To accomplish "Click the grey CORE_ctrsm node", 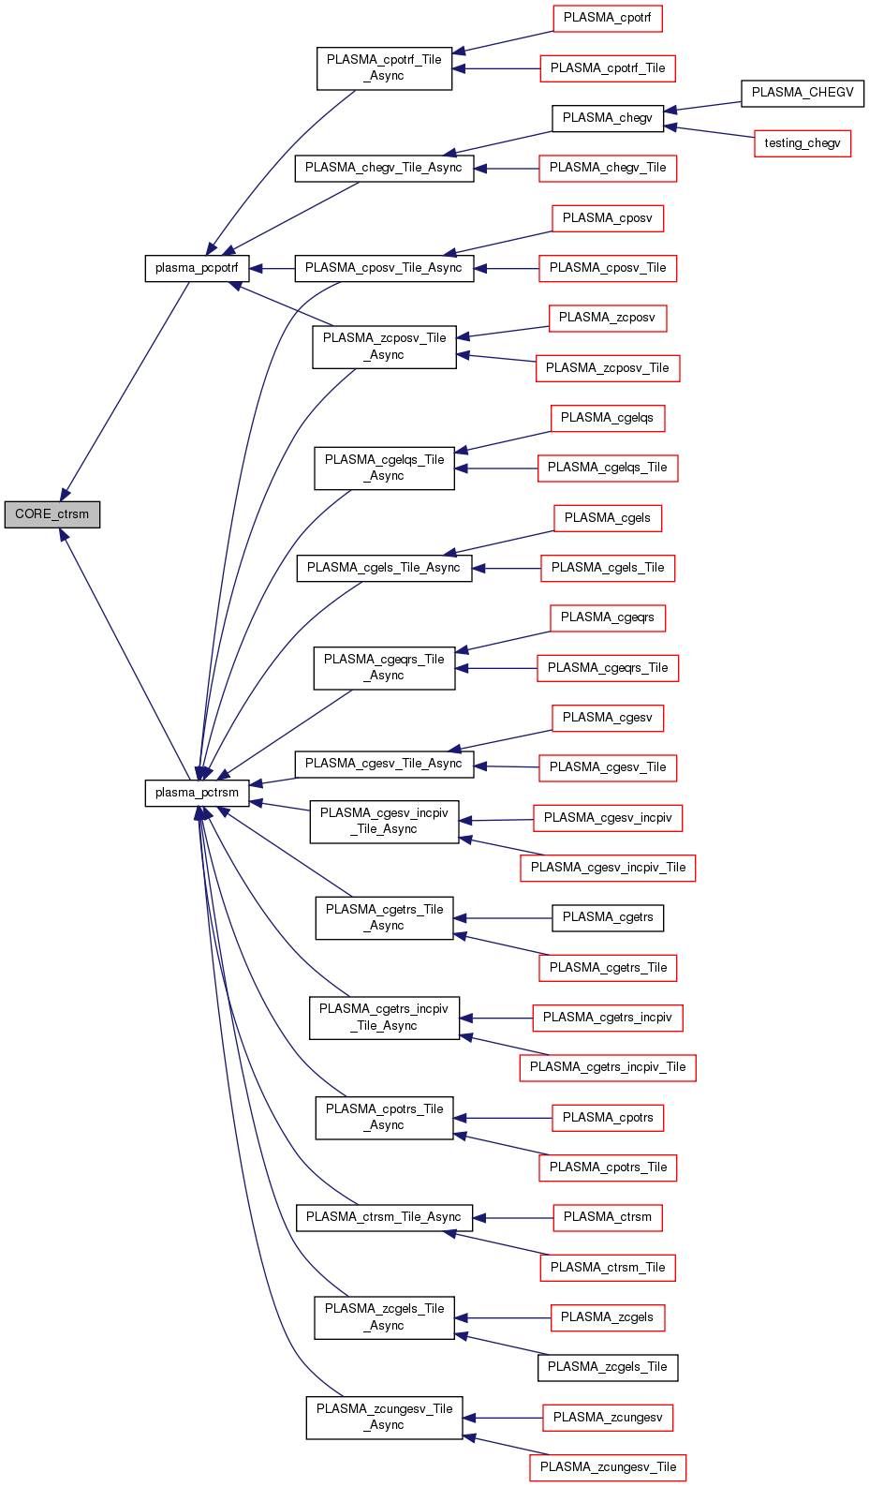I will [52, 514].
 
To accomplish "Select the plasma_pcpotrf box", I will [197, 268].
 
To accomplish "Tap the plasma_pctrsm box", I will [197, 793].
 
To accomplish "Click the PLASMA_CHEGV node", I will [803, 93].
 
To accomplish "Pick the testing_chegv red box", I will [803, 143].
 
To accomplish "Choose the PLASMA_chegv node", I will [608, 118].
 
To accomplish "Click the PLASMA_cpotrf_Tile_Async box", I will [384, 67].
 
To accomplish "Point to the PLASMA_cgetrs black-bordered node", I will [608, 917].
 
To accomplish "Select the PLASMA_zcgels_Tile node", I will [608, 1367].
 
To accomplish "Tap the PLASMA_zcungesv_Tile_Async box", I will [384, 1417].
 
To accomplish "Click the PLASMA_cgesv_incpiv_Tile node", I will [608, 868].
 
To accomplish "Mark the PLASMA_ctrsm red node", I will [608, 1217].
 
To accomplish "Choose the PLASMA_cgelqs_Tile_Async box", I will [384, 468].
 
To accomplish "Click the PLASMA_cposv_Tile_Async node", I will [384, 268].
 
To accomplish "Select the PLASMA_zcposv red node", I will [608, 318].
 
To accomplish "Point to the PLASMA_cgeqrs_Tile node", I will [608, 668].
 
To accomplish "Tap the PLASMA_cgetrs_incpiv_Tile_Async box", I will [384, 1018].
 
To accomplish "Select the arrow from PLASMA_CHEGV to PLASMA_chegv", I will [702, 106].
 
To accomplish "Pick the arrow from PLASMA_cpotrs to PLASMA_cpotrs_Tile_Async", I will [506, 1118].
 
